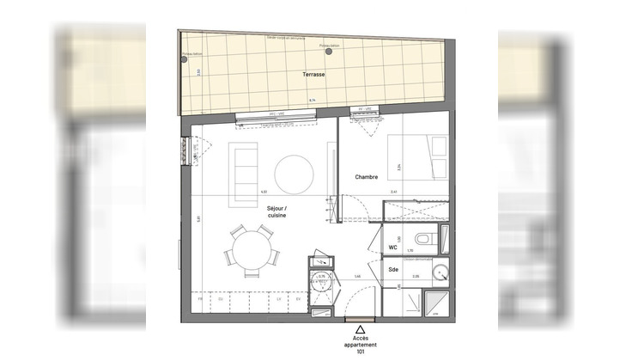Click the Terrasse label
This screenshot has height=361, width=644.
[313, 76]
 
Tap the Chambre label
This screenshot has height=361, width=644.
[368, 178]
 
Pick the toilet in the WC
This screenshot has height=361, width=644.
[425, 239]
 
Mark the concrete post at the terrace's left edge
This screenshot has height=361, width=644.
[185, 58]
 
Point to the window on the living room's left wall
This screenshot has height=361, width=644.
[184, 152]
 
